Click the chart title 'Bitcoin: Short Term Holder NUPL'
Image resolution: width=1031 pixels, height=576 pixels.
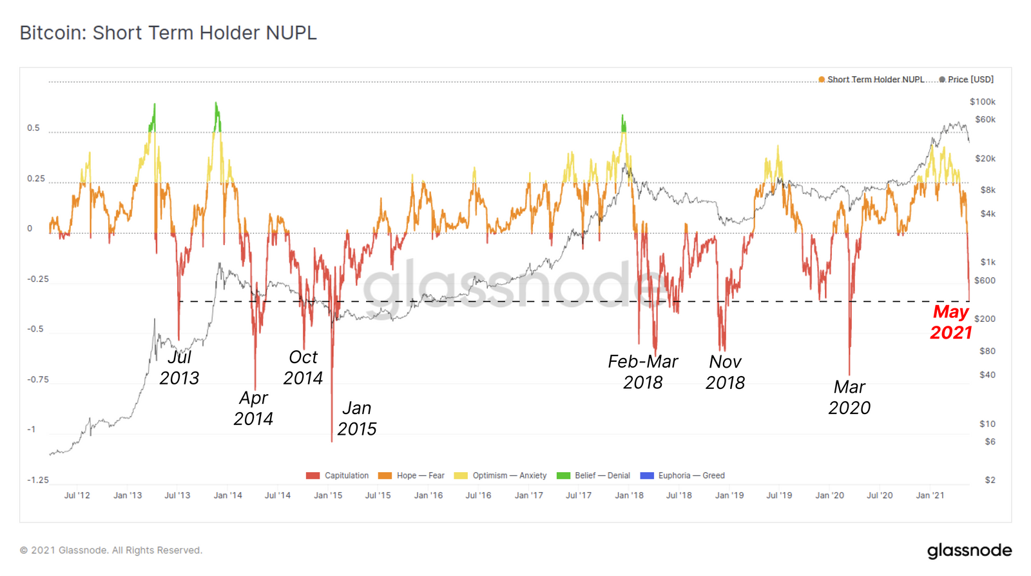(x=168, y=33)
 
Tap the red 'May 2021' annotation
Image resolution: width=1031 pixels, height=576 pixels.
(x=950, y=322)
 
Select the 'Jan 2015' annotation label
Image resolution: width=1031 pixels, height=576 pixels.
(x=356, y=418)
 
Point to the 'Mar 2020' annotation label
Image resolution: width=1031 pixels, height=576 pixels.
(x=849, y=397)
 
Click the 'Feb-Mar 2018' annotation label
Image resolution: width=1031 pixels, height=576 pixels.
(x=642, y=372)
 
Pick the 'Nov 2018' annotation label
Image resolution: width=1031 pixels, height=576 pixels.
(x=725, y=372)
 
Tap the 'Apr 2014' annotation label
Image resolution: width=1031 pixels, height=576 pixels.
(x=253, y=408)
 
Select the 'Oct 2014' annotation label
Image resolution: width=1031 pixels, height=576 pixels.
(x=303, y=368)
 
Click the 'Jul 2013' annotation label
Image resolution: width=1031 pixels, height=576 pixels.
(x=179, y=368)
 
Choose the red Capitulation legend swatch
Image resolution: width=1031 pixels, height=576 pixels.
(x=313, y=476)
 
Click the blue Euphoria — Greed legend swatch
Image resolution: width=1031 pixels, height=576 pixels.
(x=646, y=476)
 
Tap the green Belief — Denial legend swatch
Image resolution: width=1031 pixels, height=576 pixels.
(x=563, y=476)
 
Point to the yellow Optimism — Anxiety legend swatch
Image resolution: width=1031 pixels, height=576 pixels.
(x=461, y=476)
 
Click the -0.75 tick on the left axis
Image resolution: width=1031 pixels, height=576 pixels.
(x=38, y=379)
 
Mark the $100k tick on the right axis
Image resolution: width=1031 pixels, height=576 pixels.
(x=982, y=102)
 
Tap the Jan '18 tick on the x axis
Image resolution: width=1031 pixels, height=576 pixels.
(x=629, y=495)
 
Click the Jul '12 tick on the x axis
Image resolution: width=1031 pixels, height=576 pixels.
(x=77, y=495)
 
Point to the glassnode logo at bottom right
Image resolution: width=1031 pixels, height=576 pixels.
(x=969, y=550)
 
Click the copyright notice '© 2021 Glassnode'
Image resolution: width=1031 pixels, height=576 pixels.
(x=111, y=550)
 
